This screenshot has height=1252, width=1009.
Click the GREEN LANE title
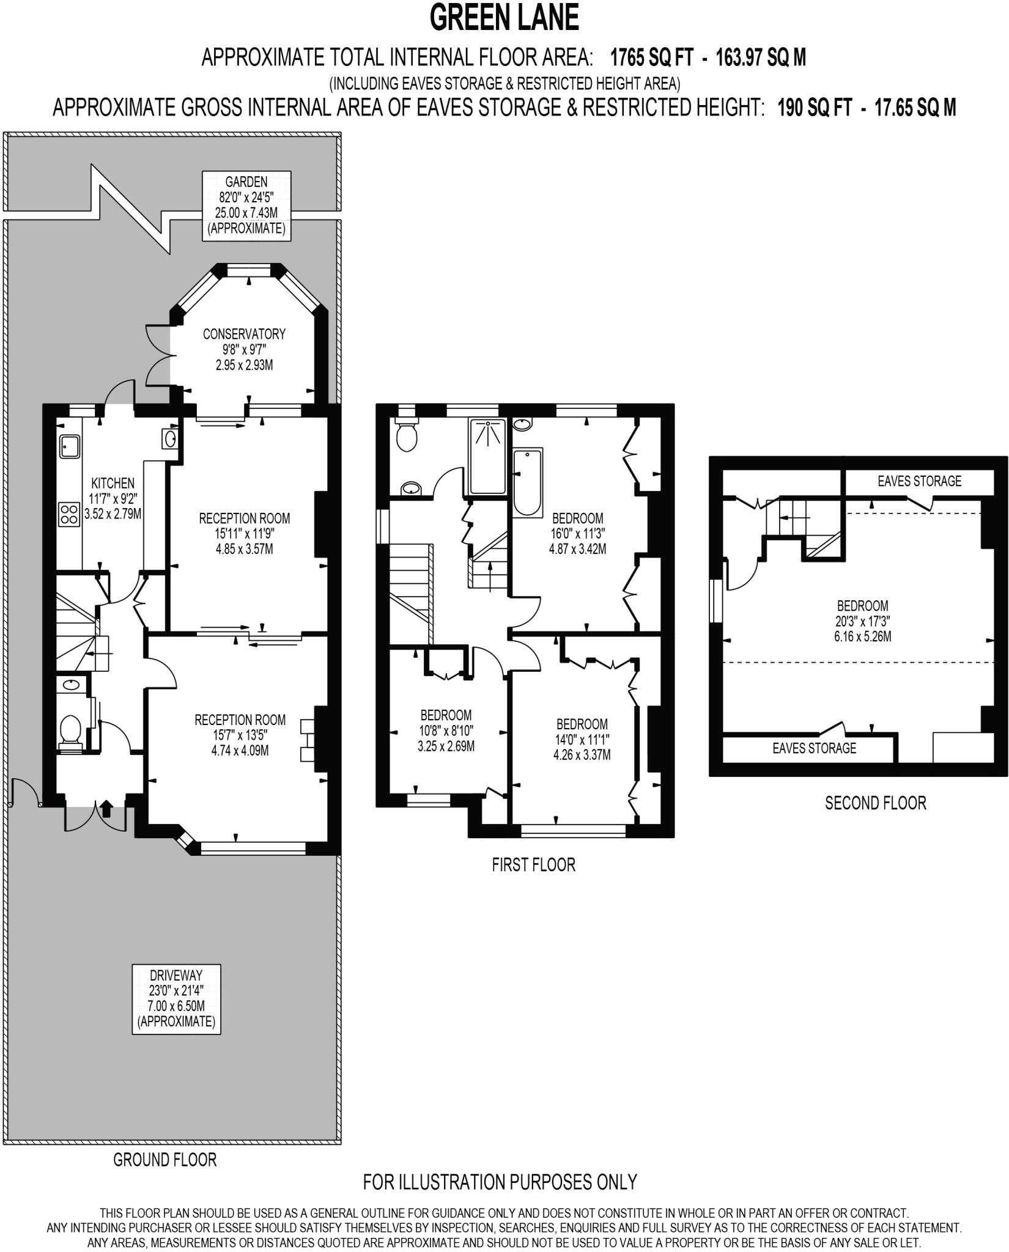[x=504, y=18]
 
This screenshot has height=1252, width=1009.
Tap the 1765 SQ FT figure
[x=652, y=58]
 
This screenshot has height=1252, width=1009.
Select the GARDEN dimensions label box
[x=246, y=205]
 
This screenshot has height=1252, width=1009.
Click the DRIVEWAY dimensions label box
[x=176, y=999]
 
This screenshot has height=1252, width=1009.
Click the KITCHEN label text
[x=113, y=483]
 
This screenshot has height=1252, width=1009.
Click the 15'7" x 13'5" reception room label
[x=240, y=735]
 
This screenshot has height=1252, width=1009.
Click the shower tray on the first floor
[x=488, y=455]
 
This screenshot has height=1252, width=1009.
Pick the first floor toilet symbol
[x=406, y=435]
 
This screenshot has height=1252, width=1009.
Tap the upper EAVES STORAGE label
[x=919, y=481]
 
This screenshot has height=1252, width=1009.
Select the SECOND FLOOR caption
[x=875, y=803]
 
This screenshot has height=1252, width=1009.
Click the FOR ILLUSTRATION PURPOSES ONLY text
[x=500, y=1182]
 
